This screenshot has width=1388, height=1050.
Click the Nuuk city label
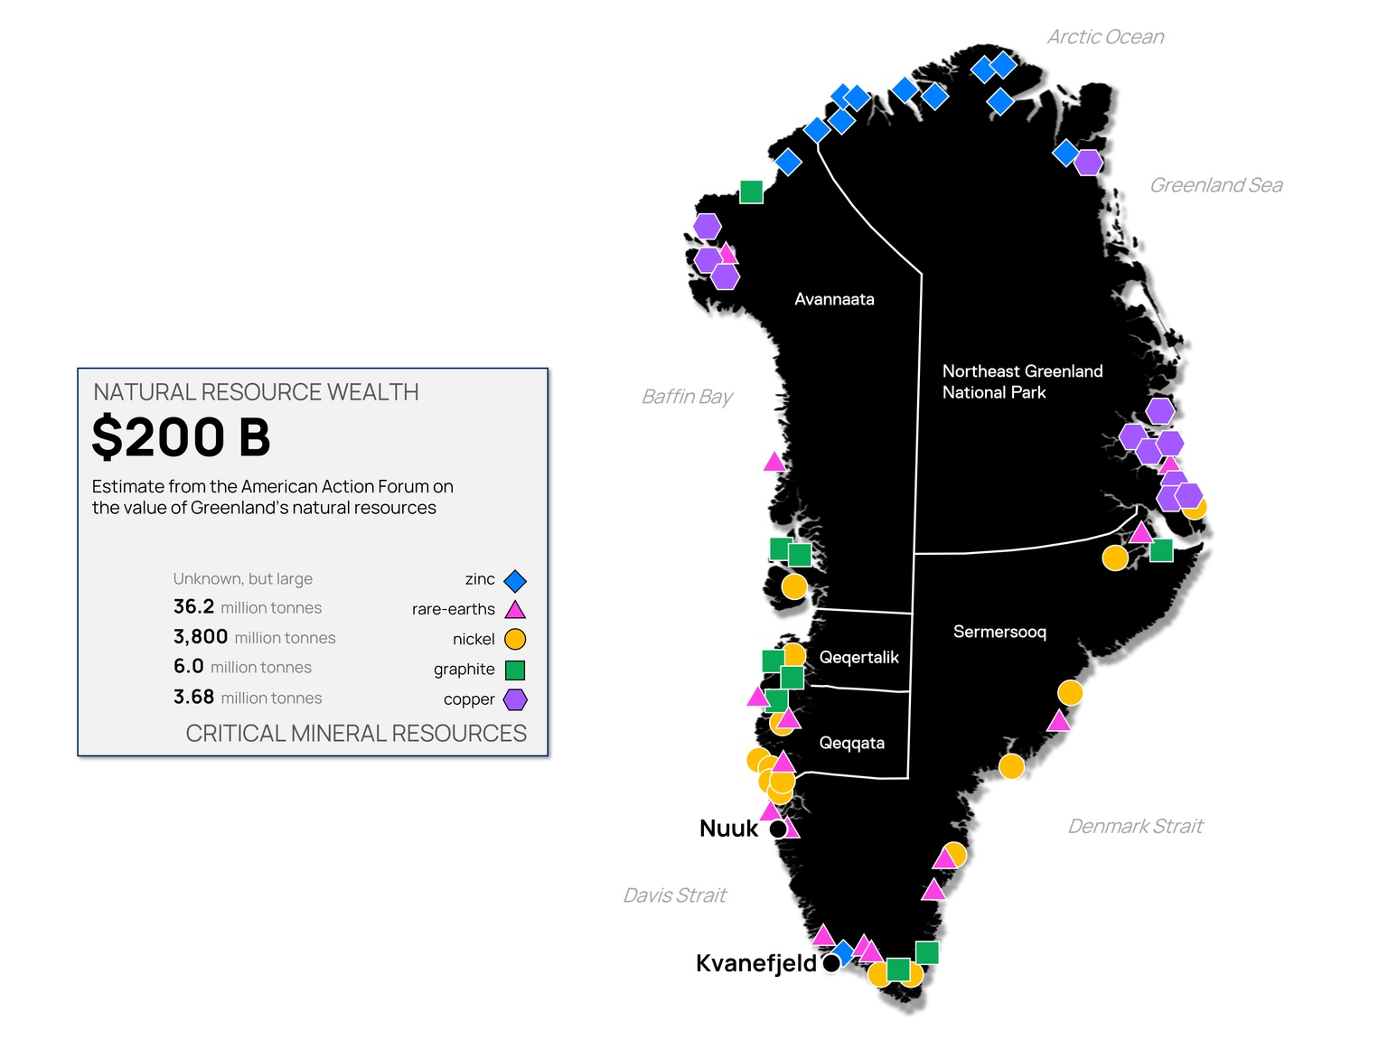click(728, 828)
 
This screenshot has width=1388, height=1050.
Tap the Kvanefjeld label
click(755, 963)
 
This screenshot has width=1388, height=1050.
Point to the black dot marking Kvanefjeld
click(831, 963)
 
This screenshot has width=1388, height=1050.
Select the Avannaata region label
click(834, 299)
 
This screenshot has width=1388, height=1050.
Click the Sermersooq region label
click(999, 632)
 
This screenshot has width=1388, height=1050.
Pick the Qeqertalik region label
click(858, 657)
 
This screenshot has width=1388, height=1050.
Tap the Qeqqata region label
click(851, 743)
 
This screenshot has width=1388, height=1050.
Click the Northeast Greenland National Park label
click(1022, 381)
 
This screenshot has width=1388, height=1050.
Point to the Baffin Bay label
click(687, 397)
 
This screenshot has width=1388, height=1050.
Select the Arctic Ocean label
click(1105, 37)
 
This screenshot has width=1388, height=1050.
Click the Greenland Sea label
click(1215, 185)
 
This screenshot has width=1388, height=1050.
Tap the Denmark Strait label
click(1135, 826)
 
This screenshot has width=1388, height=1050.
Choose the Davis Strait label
click(674, 895)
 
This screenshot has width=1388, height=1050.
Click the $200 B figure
click(181, 437)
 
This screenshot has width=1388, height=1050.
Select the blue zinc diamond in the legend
click(515, 580)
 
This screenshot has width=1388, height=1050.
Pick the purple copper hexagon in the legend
click(515, 699)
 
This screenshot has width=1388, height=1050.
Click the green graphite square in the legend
click(515, 670)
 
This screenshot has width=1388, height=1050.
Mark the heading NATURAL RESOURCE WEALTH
click(256, 392)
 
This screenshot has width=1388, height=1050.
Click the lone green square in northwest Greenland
click(751, 192)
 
